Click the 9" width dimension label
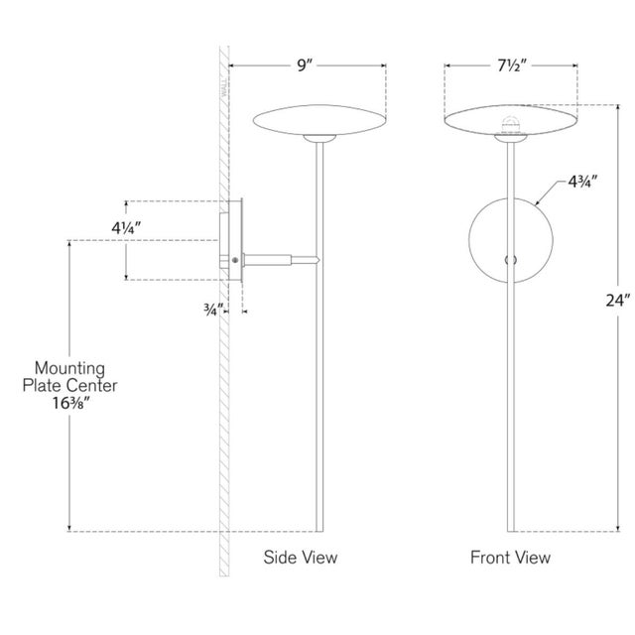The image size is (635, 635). tap(306, 65)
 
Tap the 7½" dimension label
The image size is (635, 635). tap(512, 65)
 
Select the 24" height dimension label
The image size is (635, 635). tap(618, 300)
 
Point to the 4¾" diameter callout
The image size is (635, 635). tap(582, 182)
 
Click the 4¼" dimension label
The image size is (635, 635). tap(126, 228)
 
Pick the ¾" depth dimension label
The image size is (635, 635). tap(213, 311)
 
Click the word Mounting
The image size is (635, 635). tap(69, 368)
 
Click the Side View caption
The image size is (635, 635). tap(301, 558)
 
